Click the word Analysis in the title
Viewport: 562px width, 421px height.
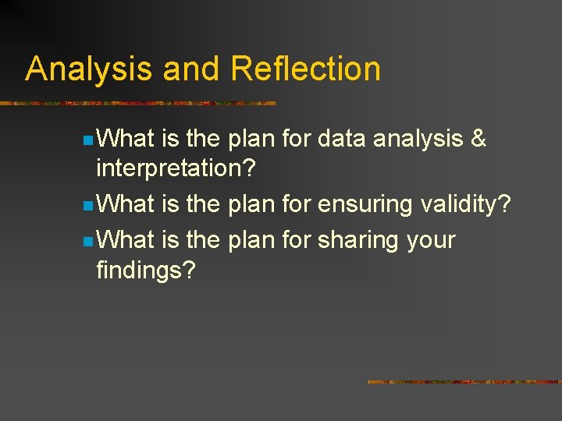90,69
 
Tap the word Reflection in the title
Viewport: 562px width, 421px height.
306,69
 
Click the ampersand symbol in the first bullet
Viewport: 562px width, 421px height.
478,140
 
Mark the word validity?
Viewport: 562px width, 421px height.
466,205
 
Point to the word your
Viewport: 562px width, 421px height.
431,240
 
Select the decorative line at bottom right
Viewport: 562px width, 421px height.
464,382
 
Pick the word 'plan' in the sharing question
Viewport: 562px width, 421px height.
251,239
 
